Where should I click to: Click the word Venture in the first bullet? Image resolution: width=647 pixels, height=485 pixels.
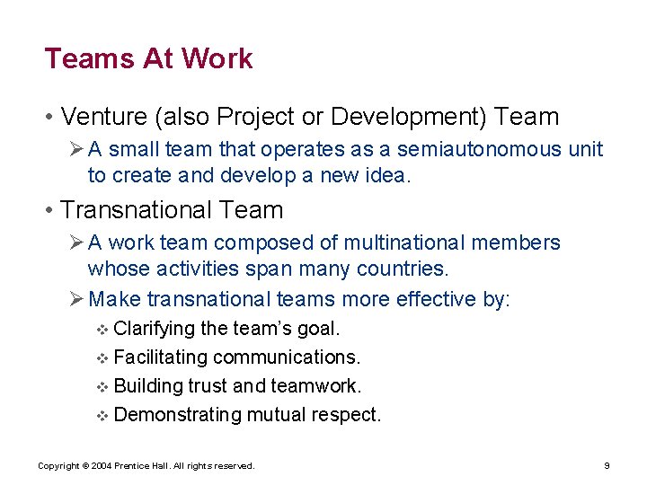[x=102, y=117]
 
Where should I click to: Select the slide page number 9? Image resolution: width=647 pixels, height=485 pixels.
[x=607, y=466]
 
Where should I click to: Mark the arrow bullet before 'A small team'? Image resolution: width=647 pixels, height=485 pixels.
[x=76, y=149]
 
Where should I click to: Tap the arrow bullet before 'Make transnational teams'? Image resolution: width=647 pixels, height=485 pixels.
[x=76, y=299]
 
